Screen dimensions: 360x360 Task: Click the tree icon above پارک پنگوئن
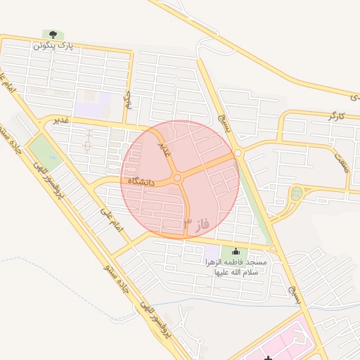[x=52, y=34]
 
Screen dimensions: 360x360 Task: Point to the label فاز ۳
[x=198, y=224]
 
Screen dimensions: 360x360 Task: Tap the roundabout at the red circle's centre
[x=178, y=179]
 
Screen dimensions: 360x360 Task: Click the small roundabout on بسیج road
[x=238, y=153]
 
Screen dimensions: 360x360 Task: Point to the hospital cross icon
[x=268, y=359]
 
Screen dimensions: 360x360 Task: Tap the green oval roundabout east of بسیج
[x=296, y=192]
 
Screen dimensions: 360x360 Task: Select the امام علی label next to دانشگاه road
[x=112, y=221]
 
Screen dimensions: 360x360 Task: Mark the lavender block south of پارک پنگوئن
[x=94, y=105]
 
